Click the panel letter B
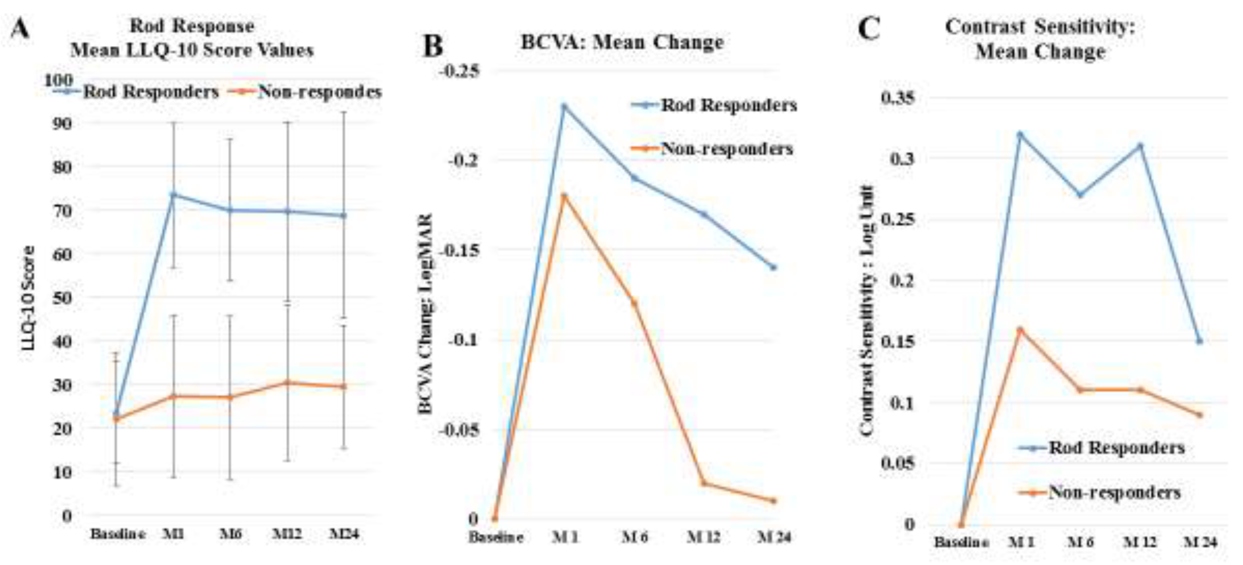[x=432, y=46]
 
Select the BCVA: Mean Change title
[x=623, y=42]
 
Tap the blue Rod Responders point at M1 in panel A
[x=173, y=194]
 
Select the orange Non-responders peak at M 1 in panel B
[x=564, y=196]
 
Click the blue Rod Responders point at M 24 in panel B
[x=773, y=267]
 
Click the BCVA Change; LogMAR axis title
[x=426, y=314]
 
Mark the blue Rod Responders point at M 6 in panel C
[x=1080, y=194]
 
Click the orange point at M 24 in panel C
[x=1200, y=415]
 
